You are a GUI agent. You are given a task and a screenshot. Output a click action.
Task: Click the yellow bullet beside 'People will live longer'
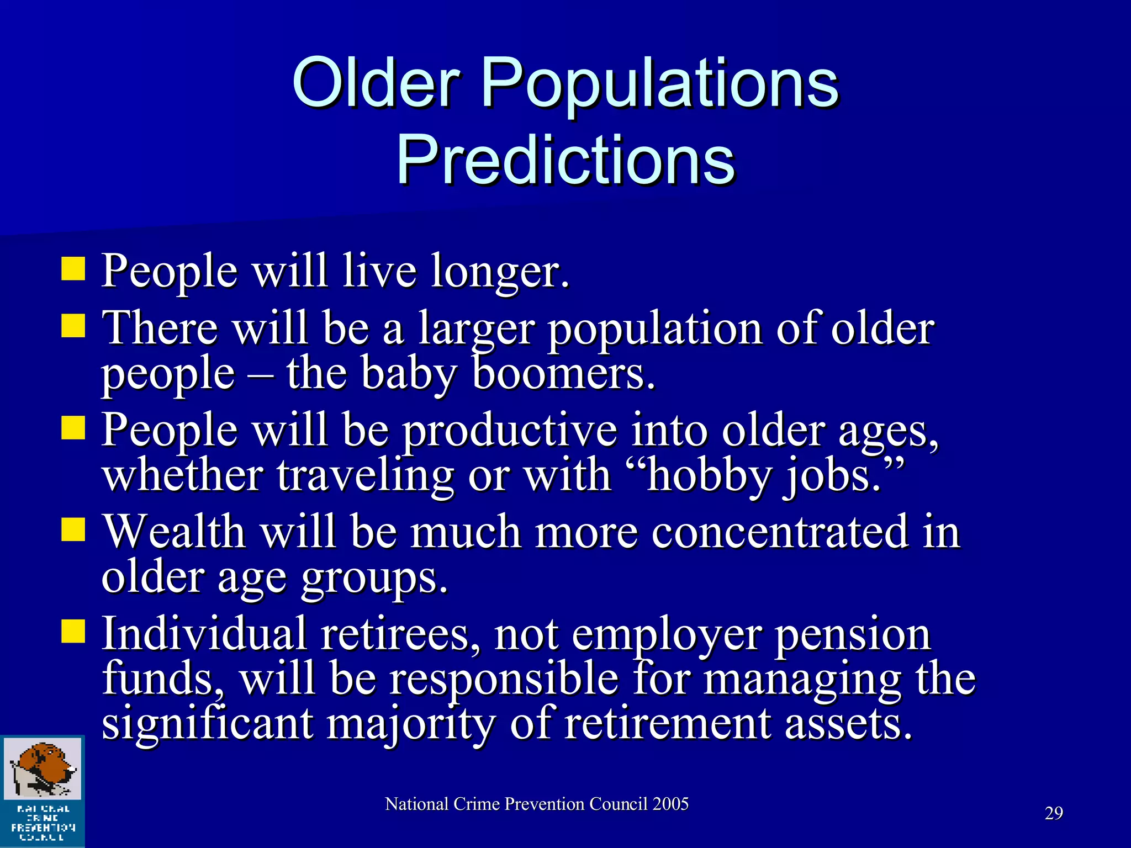click(x=73, y=269)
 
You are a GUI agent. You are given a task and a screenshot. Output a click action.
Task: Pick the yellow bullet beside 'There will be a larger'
click(x=73, y=326)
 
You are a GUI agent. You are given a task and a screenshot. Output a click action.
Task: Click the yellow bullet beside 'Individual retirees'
click(x=73, y=632)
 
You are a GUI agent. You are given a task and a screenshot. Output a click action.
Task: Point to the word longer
click(x=500, y=272)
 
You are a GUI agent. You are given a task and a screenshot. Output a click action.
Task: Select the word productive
click(x=509, y=431)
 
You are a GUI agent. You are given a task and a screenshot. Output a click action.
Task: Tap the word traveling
click(x=365, y=476)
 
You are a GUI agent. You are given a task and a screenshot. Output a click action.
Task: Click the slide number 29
click(x=1054, y=813)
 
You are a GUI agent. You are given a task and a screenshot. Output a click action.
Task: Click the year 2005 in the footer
click(x=670, y=804)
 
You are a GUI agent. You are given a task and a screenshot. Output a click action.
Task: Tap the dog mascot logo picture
click(x=43, y=769)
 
